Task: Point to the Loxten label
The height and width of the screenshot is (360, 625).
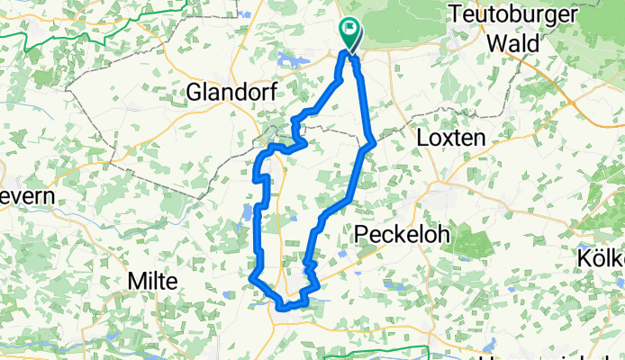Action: [x=452, y=138]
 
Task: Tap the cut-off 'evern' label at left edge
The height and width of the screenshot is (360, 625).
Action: [x=25, y=195]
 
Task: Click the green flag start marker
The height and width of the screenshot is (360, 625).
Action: [x=350, y=32]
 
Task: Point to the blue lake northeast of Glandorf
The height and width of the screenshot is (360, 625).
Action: [x=290, y=61]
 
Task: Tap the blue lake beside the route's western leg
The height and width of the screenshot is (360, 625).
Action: [x=246, y=213]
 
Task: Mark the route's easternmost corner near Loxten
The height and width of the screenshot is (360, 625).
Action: [x=373, y=141]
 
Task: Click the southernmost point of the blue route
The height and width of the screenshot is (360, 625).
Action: [x=283, y=309]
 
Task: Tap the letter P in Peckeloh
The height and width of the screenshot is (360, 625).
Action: [x=362, y=234]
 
